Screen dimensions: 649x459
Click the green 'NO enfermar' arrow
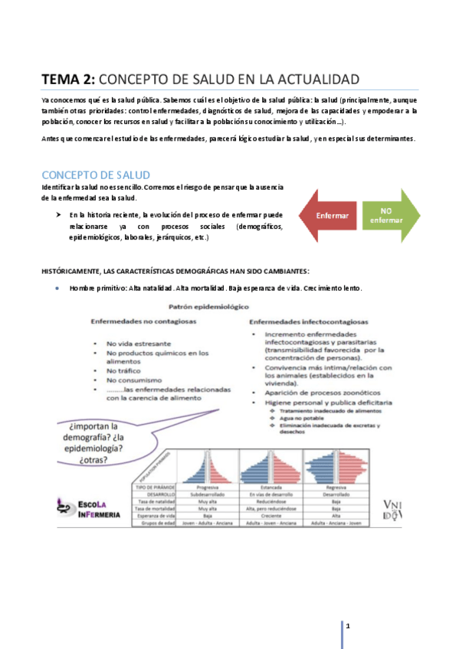click(x=389, y=216)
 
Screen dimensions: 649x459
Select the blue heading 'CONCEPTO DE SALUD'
click(x=95, y=175)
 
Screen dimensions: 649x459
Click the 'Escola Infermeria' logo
click(x=89, y=507)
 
